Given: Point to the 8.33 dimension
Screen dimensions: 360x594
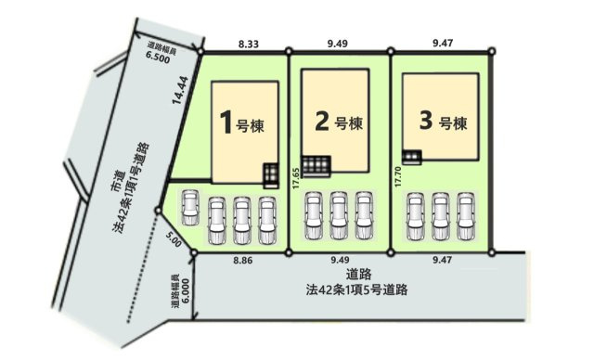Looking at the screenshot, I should pos(248,42).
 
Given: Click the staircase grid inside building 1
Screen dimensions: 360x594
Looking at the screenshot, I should pos(269,174).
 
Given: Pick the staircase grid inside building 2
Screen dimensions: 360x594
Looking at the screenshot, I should pos(316,165).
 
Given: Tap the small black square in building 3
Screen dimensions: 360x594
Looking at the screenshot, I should pos(407,155).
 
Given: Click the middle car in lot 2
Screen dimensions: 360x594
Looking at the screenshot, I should pos(339,215).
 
